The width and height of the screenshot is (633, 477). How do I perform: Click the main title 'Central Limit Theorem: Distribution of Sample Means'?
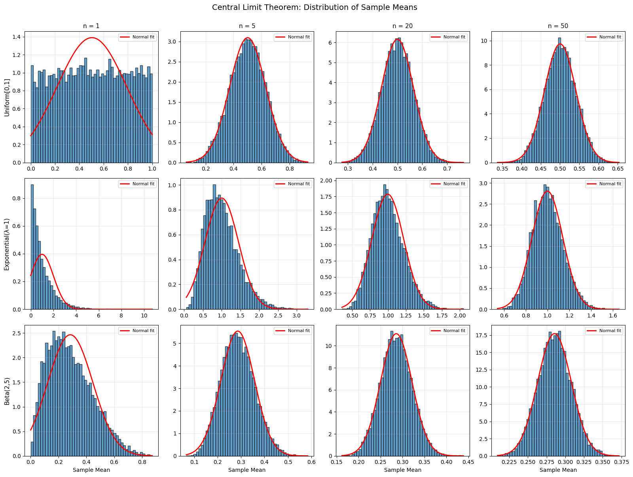pyautogui.click(x=315, y=8)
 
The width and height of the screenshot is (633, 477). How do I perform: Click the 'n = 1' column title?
pyautogui.click(x=91, y=26)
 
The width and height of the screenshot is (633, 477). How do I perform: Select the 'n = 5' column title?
pyautogui.click(x=247, y=26)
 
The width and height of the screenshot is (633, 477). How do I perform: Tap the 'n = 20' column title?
pyautogui.click(x=402, y=26)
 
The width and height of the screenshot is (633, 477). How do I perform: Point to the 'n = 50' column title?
pyautogui.click(x=558, y=26)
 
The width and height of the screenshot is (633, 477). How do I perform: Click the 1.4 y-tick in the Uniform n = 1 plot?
pyautogui.click(x=17, y=37)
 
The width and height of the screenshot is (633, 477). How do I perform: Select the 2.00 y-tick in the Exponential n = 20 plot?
pyautogui.click(x=327, y=181)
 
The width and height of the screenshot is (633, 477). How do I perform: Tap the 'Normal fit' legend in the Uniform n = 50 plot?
pyautogui.click(x=604, y=37)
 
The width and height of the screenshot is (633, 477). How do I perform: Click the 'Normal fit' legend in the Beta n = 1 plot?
pyautogui.click(x=137, y=331)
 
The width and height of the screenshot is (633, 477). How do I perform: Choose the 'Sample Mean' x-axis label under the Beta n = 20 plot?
pyautogui.click(x=402, y=470)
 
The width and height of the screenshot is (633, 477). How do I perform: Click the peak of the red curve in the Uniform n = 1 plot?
pyautogui.click(x=92, y=38)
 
